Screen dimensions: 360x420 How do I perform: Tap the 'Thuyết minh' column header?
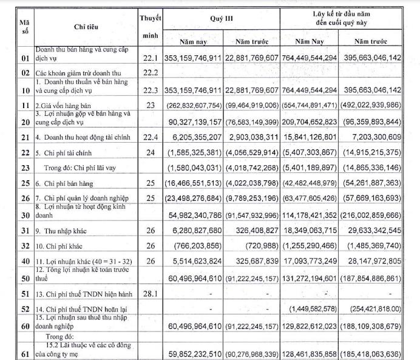click(150, 27)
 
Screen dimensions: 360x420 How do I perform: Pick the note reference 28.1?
click(150, 294)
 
